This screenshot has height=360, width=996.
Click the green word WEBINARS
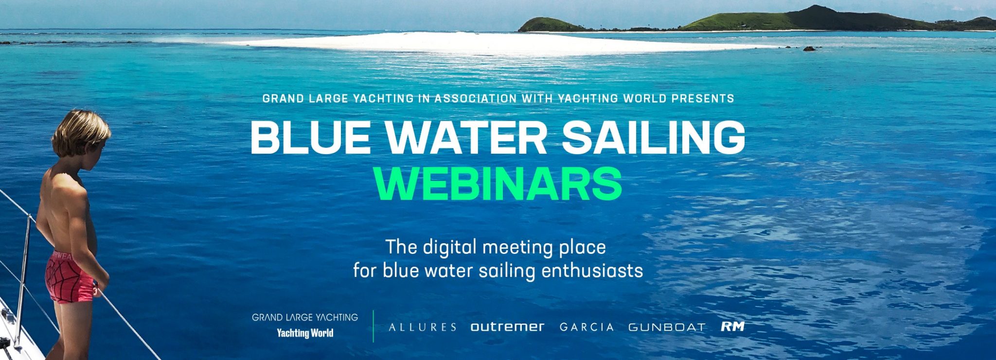click(498, 184)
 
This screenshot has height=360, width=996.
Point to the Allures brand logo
click(423, 327)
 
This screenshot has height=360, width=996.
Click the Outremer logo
click(507, 327)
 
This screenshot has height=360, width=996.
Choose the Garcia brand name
click(587, 327)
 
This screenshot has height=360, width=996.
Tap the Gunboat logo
click(667, 327)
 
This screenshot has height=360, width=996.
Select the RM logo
click(732, 326)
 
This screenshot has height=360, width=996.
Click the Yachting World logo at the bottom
click(305, 334)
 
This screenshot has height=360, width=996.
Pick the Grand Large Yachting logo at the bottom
click(305, 318)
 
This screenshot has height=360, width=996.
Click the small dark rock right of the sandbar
click(809, 49)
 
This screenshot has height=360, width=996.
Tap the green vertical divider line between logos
click(373, 326)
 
